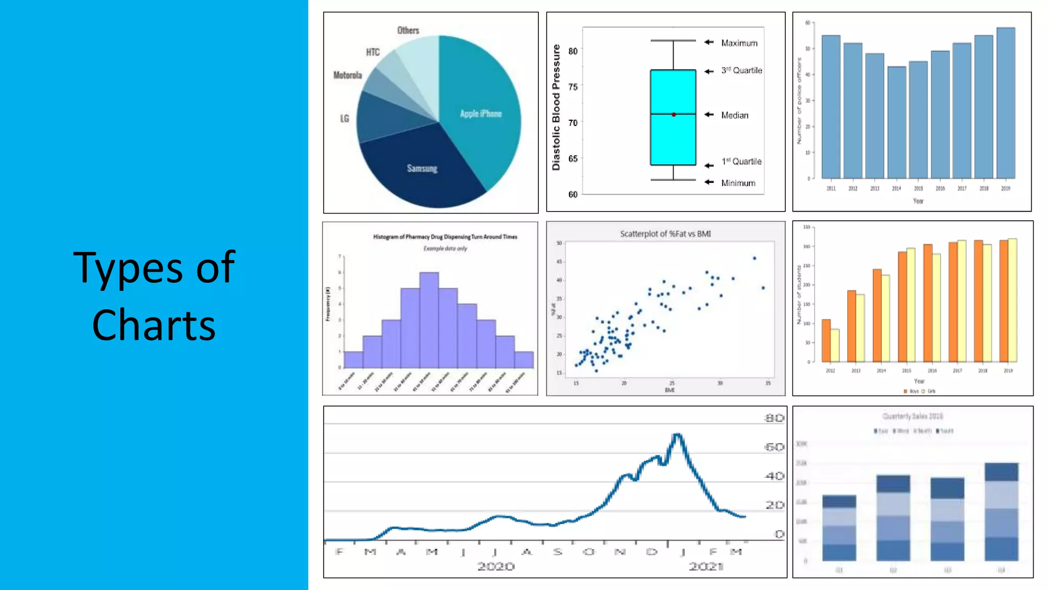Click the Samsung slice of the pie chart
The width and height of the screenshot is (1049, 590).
click(x=422, y=169)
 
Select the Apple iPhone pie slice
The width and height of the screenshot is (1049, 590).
click(x=480, y=114)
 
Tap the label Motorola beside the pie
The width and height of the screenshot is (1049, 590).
click(x=347, y=75)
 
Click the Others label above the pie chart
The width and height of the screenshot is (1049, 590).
click(x=408, y=30)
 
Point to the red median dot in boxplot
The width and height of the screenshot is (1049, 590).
click(x=674, y=114)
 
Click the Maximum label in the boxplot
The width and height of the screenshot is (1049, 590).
click(x=739, y=43)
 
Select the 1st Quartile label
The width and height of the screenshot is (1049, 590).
click(x=741, y=161)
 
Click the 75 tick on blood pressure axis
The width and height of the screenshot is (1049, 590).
click(x=573, y=87)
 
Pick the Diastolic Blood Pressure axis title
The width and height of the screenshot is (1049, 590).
click(x=556, y=107)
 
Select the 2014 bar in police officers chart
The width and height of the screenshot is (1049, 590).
click(x=896, y=123)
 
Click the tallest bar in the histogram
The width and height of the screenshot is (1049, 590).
click(x=429, y=320)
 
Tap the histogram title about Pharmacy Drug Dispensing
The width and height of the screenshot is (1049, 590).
click(x=445, y=237)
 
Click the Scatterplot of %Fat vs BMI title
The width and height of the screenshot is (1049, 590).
click(x=665, y=234)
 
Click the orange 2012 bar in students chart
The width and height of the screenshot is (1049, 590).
click(x=826, y=341)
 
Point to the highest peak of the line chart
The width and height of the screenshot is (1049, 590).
click(x=677, y=435)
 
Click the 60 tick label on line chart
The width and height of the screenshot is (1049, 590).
click(x=774, y=447)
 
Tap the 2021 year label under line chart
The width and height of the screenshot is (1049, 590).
click(x=705, y=566)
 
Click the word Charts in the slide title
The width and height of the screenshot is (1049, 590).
click(x=154, y=325)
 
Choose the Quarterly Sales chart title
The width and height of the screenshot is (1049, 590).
click(x=912, y=416)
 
